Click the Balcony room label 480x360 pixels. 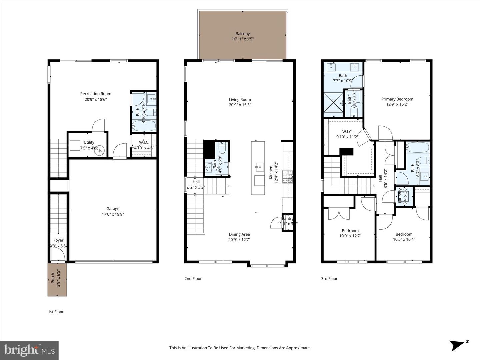(x=242, y=34)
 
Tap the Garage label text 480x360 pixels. (x=113, y=209)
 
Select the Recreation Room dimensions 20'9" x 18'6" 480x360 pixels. (x=96, y=99)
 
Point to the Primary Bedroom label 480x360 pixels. (x=397, y=99)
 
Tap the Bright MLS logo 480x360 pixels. (x=29, y=350)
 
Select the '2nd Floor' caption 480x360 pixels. (x=193, y=279)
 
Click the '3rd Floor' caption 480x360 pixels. (x=329, y=279)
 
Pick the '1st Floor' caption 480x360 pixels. (x=56, y=312)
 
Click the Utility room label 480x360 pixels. (x=89, y=142)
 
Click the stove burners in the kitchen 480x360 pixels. (x=287, y=177)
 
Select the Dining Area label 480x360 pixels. (x=239, y=234)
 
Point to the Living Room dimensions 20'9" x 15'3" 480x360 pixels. (x=240, y=105)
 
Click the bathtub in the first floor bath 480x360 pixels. (x=144, y=126)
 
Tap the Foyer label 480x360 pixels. (x=58, y=240)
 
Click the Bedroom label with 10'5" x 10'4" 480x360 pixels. (x=404, y=234)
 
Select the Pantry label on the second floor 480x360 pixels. (x=287, y=219)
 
